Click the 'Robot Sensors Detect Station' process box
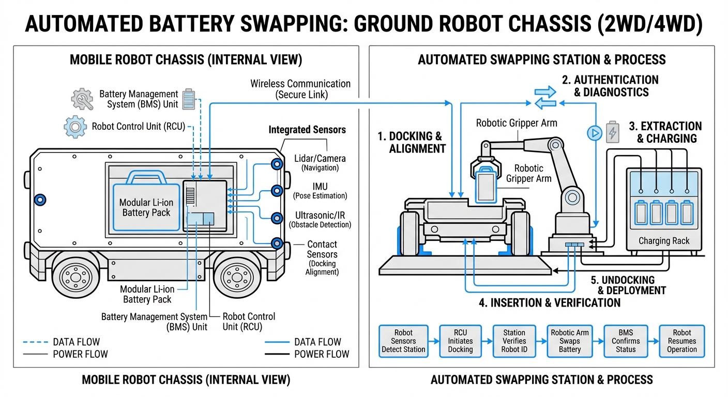pyautogui.click(x=403, y=341)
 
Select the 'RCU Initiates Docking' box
pyautogui.click(x=460, y=341)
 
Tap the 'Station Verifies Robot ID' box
pyautogui.click(x=514, y=341)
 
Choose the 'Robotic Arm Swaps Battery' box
pyautogui.click(x=570, y=341)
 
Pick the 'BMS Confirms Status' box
pyautogui.click(x=626, y=341)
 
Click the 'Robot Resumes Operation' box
pyautogui.click(x=681, y=341)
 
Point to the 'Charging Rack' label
pyautogui.click(x=664, y=241)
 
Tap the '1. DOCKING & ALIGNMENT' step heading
pyautogui.click(x=411, y=142)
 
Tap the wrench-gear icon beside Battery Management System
pyautogui.click(x=82, y=99)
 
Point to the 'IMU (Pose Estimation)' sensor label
pyautogui.click(x=320, y=191)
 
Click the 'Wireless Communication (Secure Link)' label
pyautogui.click(x=300, y=89)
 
